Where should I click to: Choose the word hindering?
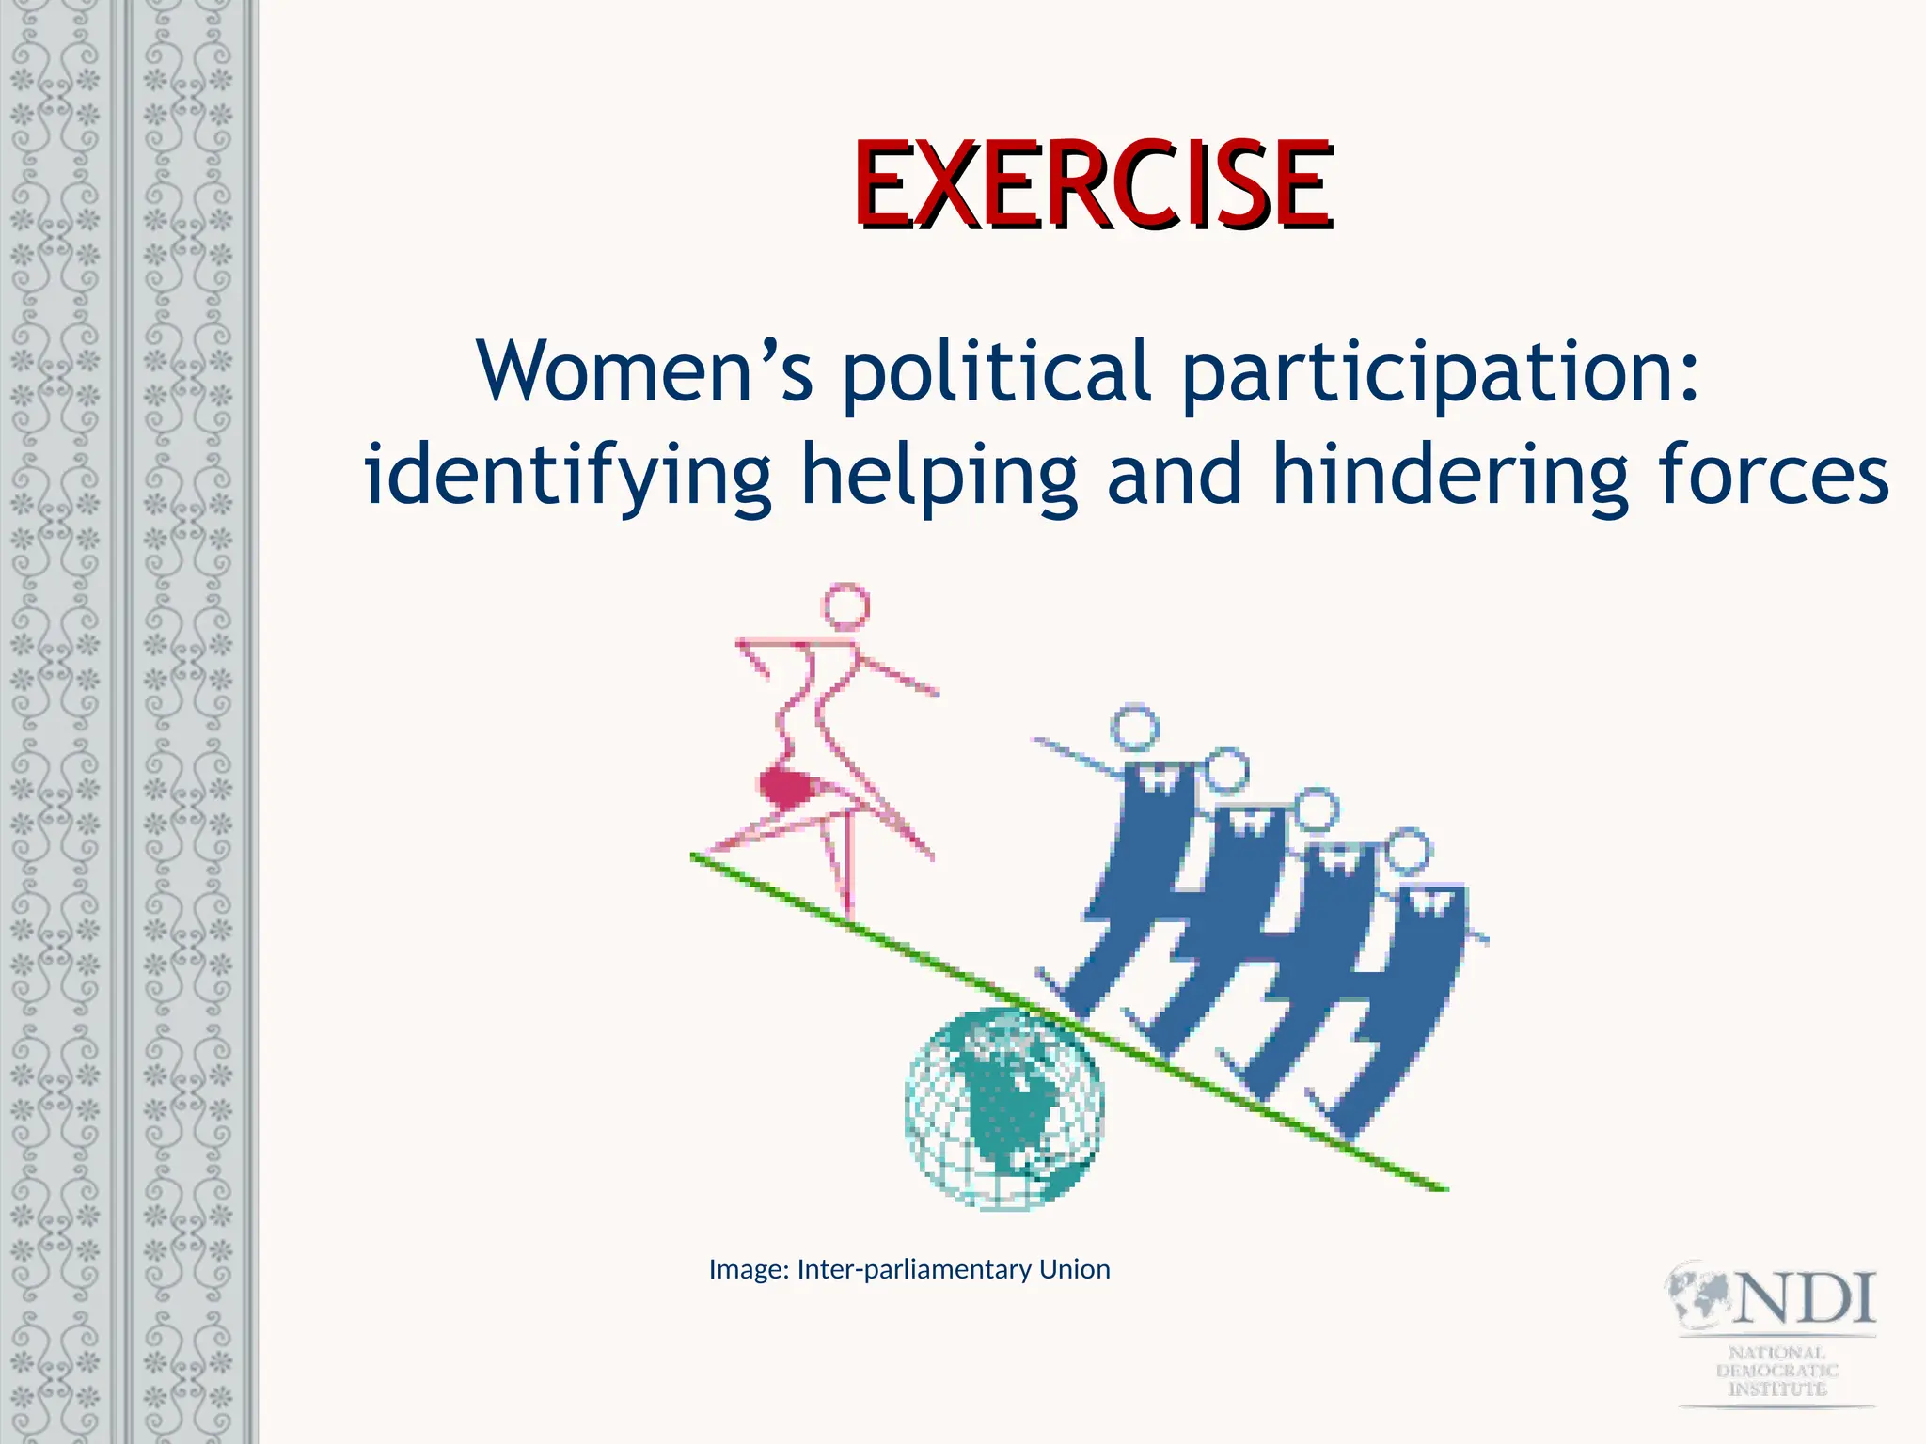[1448, 476]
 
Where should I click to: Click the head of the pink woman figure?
[845, 606]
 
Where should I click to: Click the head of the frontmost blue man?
[1134, 728]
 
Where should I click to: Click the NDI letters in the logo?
[1806, 1299]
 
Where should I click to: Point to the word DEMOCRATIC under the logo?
[1776, 1371]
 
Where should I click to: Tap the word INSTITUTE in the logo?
[1776, 1389]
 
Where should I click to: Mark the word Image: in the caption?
[749, 1270]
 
